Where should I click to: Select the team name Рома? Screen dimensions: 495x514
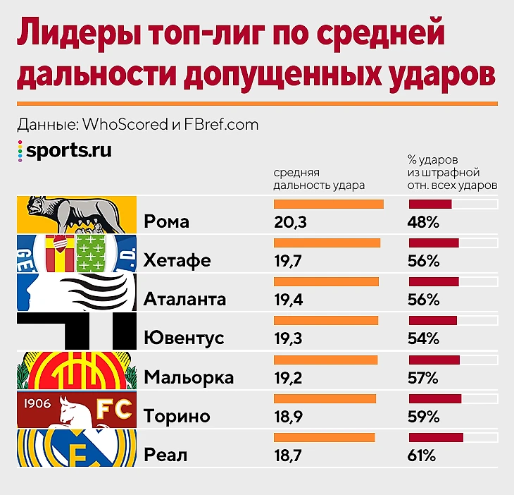[x=166, y=221]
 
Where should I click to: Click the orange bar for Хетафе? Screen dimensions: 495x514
[x=327, y=243]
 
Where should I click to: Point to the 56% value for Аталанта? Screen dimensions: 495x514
[x=423, y=299]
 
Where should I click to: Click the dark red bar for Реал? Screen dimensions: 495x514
[x=436, y=437]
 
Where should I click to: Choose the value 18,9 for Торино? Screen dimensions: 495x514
[x=289, y=416]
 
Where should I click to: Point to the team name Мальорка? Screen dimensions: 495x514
[x=188, y=377]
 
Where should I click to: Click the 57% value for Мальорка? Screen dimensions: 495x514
[x=423, y=377]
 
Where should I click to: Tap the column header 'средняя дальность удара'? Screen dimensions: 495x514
[x=319, y=179]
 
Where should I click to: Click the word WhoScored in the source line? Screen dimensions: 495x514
[x=125, y=125]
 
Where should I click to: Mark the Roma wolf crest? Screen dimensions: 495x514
[x=75, y=214]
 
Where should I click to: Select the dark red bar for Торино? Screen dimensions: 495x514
[x=435, y=398]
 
